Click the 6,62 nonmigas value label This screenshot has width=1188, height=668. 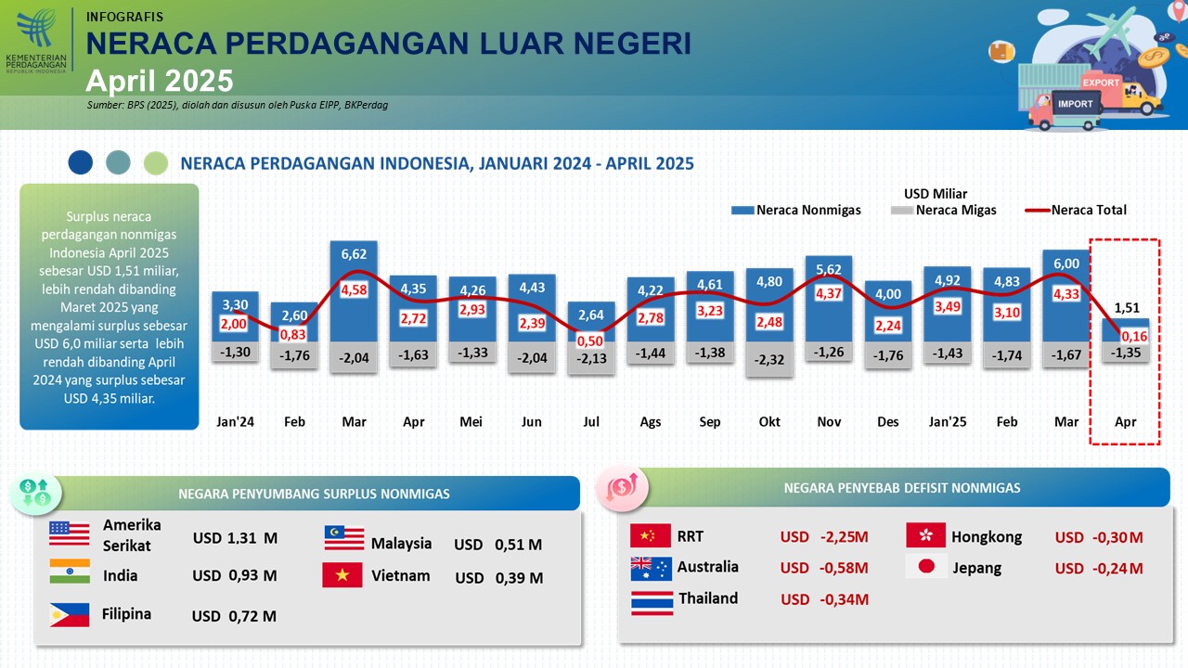[354, 254]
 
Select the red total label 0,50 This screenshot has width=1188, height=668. [590, 340]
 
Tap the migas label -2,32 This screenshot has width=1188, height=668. [769, 359]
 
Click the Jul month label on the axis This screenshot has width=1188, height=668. [590, 421]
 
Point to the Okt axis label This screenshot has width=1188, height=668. [769, 421]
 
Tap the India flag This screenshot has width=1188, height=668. [70, 572]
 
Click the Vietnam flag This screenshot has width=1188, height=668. [342, 575]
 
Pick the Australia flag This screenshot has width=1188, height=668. [650, 567]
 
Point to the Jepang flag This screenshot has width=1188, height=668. [924, 567]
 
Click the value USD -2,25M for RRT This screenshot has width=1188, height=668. [824, 537]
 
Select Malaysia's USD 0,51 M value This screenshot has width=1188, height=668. [497, 545]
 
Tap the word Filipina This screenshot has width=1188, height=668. [127, 614]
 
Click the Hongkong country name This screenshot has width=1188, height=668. [987, 537]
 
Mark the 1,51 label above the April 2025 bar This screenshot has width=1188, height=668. [1126, 308]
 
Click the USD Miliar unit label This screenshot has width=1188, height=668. [936, 194]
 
